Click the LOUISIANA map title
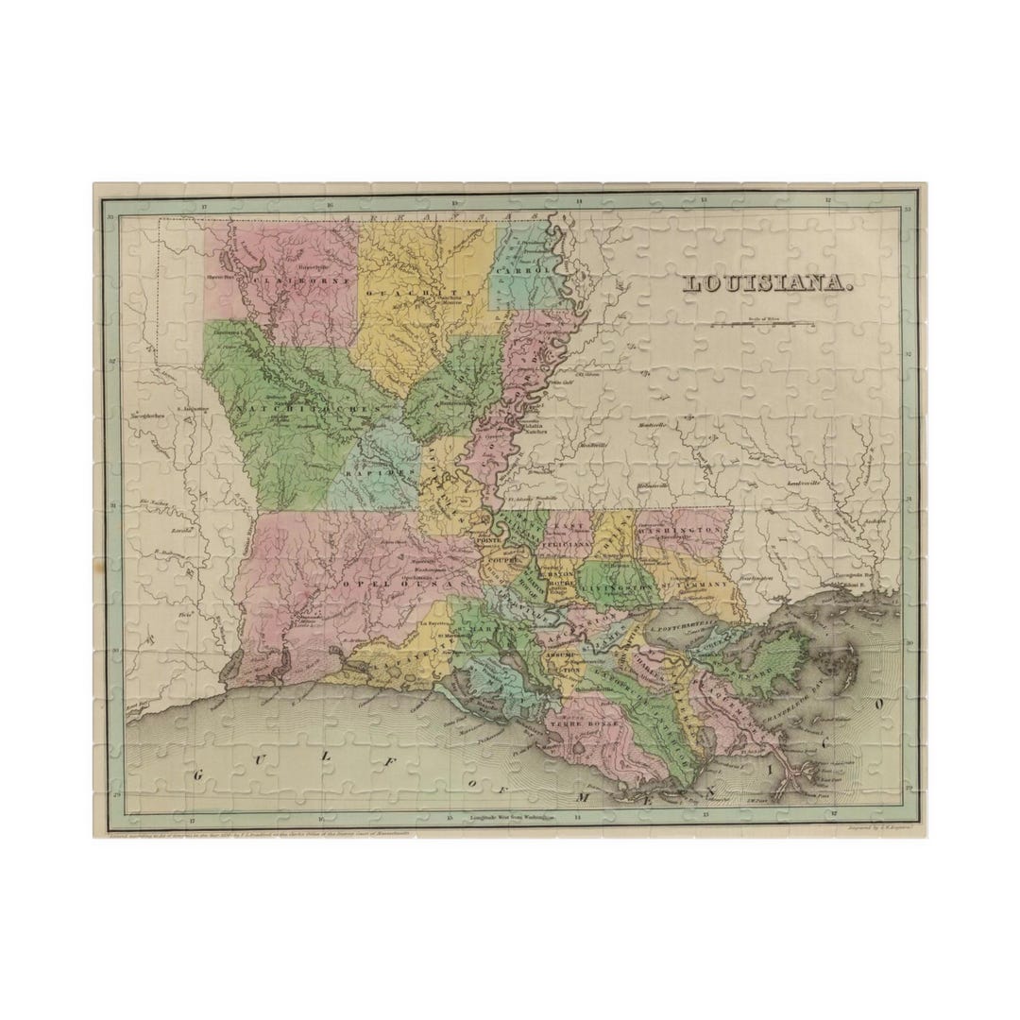[767, 283]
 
